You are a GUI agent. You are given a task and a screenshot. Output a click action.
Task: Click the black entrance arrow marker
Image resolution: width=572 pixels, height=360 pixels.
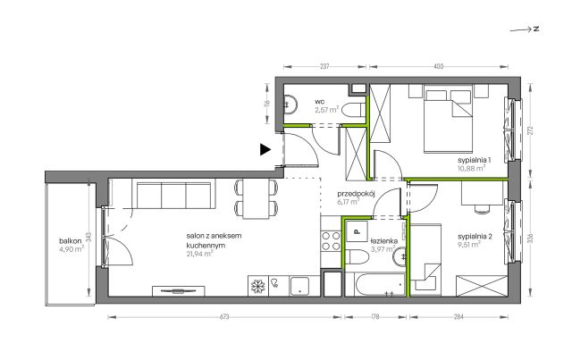click(265, 149)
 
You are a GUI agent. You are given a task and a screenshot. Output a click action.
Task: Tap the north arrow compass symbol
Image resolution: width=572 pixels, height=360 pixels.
click(525, 29)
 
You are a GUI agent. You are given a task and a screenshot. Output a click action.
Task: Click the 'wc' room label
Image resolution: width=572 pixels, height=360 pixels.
click(320, 102)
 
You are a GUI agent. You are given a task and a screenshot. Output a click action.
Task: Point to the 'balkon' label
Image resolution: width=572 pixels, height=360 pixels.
click(71, 241)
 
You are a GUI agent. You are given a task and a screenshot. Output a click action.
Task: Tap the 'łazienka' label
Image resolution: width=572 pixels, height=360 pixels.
click(383, 241)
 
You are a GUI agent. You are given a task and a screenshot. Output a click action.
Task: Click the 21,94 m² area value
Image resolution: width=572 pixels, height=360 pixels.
click(199, 254)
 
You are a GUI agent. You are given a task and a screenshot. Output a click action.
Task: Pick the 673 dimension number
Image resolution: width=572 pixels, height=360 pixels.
click(224, 317)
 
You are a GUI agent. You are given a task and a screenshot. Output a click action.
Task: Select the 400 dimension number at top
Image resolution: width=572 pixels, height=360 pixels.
click(439, 66)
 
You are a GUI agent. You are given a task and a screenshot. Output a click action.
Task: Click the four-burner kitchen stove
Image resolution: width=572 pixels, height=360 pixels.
click(331, 241)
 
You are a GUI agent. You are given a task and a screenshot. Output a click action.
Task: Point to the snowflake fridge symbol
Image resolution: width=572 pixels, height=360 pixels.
click(258, 286)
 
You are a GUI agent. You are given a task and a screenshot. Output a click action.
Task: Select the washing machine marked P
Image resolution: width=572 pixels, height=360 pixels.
click(357, 230)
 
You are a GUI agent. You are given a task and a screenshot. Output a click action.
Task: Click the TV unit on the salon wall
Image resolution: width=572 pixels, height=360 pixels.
click(178, 291)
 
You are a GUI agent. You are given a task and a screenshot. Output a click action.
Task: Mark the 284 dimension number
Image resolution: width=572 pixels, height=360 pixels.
click(458, 317)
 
